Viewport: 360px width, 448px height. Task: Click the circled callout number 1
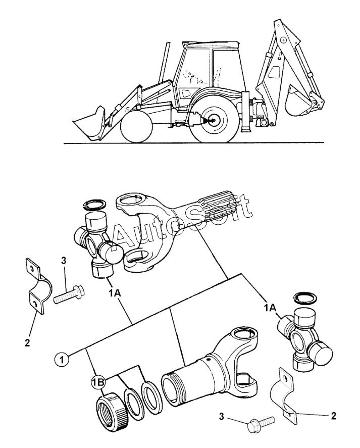[x=62, y=360]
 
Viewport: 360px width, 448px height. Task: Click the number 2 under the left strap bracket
[x=27, y=342]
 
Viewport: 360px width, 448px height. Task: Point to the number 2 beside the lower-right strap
[x=333, y=416]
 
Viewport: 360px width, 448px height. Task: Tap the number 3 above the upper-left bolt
[x=63, y=260]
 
